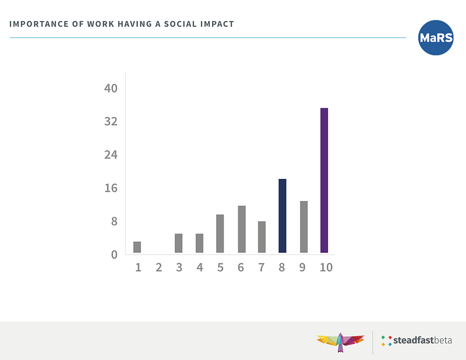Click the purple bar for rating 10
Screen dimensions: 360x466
(324, 181)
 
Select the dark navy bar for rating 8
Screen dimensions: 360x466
(283, 216)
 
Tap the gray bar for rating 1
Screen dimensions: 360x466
(137, 247)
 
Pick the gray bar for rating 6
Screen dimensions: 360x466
(241, 229)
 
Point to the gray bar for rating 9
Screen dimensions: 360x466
(303, 227)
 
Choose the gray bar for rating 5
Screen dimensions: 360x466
(220, 234)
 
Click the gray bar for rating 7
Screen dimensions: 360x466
(262, 237)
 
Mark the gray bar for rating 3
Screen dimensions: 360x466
(179, 243)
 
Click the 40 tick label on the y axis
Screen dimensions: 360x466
(111, 89)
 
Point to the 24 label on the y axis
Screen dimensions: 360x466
(111, 155)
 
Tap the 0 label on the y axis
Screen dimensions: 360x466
(114, 255)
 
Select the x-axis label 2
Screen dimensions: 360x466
(158, 267)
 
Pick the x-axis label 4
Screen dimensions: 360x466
(200, 267)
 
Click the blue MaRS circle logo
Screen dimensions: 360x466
(436, 38)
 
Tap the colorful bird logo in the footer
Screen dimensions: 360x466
(340, 340)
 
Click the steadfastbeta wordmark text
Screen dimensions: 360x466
(423, 340)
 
